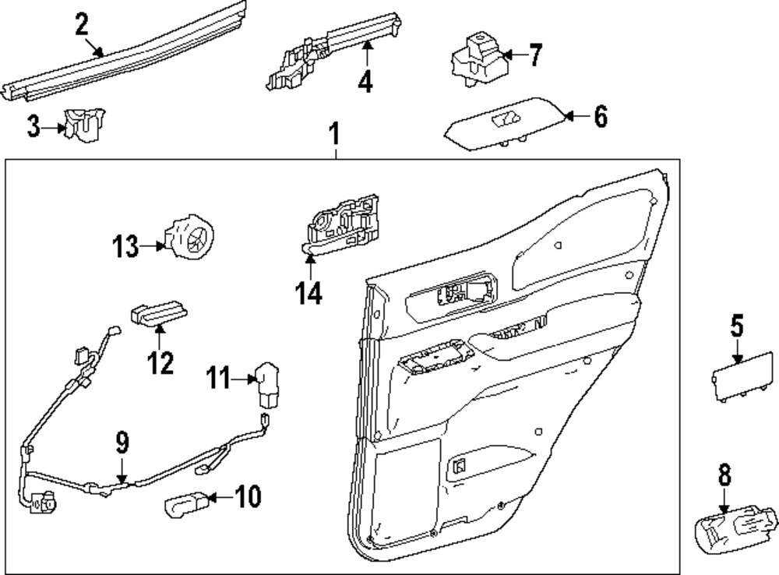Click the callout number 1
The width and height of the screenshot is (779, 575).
334,135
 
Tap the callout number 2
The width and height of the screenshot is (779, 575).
82,24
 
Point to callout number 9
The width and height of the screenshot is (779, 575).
122,444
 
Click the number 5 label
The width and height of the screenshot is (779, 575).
737,326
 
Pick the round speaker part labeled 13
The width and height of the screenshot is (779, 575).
191,235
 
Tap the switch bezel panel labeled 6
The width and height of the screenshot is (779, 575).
502,124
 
